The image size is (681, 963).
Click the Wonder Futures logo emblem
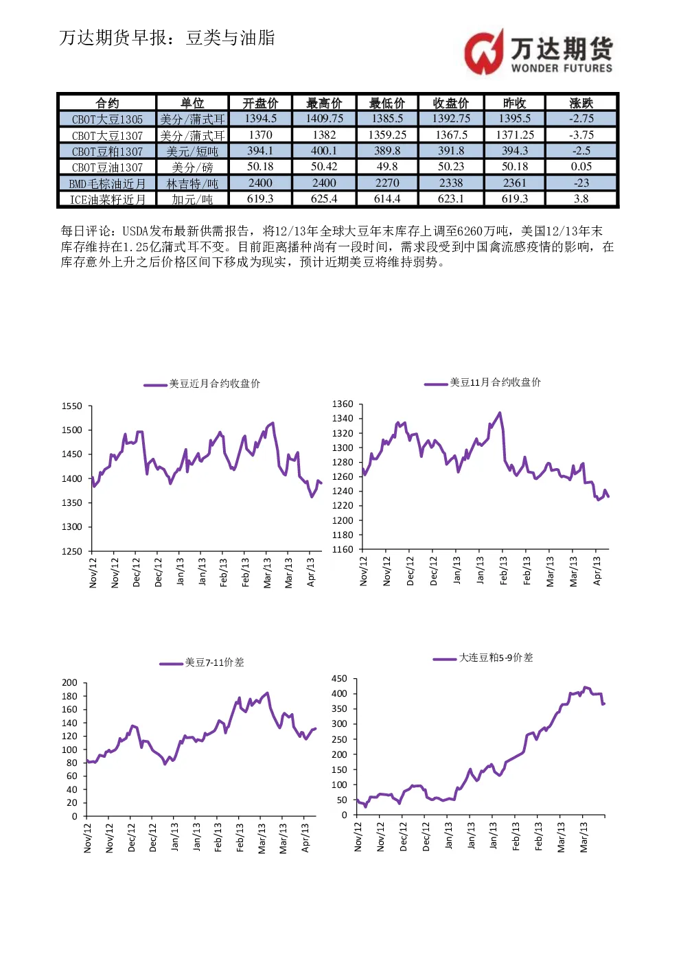(484, 52)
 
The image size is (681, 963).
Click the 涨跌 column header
(581, 103)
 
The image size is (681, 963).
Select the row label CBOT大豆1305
(107, 119)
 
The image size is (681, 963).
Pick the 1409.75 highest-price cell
(324, 118)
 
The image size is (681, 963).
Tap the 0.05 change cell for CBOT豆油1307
(581, 166)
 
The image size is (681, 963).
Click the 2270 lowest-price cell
(387, 183)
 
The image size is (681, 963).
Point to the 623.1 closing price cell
(451, 198)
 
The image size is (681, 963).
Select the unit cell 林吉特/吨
(192, 184)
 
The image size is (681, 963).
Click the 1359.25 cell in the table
(387, 135)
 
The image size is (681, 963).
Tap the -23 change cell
(581, 183)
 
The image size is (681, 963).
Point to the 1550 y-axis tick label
(72, 406)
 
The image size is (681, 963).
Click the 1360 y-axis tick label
(343, 404)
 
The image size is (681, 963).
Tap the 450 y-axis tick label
(339, 678)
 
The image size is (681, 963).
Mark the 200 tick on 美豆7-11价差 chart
(69, 683)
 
